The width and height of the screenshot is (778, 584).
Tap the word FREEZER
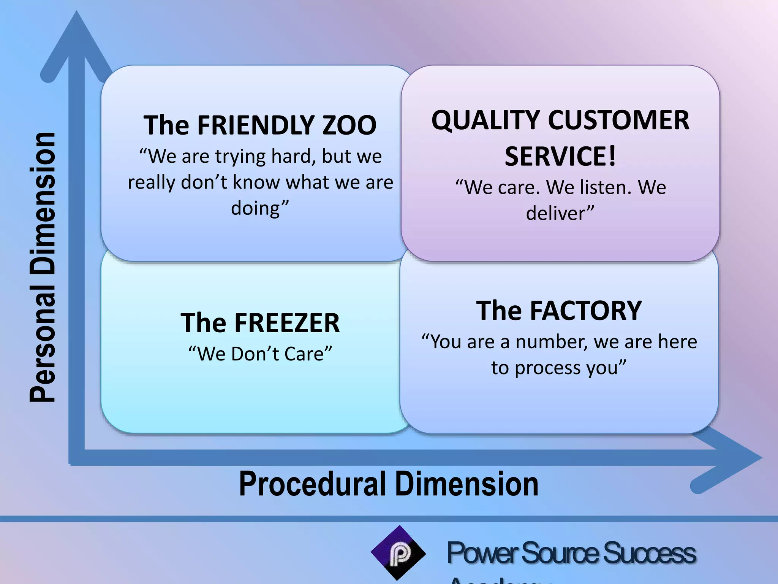tap(287, 323)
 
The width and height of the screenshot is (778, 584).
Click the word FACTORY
tap(585, 311)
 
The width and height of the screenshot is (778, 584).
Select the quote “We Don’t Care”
tap(260, 354)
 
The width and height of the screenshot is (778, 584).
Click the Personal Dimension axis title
tap(43, 267)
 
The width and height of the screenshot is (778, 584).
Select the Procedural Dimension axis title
tap(389, 484)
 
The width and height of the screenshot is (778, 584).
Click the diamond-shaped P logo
tap(398, 553)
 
